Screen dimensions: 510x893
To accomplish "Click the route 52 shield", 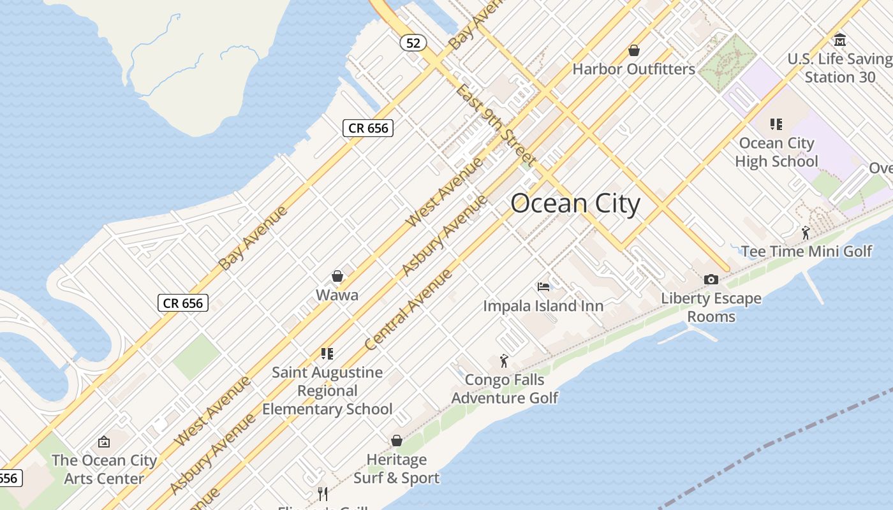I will [x=413, y=43].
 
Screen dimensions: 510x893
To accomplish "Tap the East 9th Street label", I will [x=494, y=124].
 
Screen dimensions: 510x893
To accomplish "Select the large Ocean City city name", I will [x=575, y=204].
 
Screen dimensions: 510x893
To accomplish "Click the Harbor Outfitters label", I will [x=633, y=69].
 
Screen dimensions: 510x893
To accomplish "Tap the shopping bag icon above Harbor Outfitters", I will [x=634, y=50].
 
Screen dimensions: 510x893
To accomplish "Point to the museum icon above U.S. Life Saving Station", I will [x=840, y=40].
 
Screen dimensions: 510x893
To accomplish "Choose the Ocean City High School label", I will [x=776, y=152].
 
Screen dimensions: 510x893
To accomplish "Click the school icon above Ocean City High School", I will [x=776, y=124].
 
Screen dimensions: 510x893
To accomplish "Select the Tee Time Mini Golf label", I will [x=806, y=251].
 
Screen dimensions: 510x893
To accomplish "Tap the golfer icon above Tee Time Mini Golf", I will [x=806, y=233].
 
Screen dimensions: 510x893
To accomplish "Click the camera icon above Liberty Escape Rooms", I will [x=711, y=279].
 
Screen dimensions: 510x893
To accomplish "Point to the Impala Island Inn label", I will [x=543, y=306].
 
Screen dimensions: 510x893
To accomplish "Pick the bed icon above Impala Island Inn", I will [x=543, y=287].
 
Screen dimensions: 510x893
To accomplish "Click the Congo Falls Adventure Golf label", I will [x=505, y=389].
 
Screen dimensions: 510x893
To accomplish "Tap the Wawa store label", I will [x=337, y=295].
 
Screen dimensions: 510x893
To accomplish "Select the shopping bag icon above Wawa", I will [x=337, y=276].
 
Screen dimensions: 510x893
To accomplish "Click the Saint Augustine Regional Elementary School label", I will [x=327, y=390].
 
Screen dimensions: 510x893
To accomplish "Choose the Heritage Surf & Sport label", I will [x=396, y=469].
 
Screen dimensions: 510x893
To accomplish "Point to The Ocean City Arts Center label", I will [x=104, y=469].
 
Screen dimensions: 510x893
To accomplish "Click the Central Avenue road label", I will [x=408, y=310].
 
